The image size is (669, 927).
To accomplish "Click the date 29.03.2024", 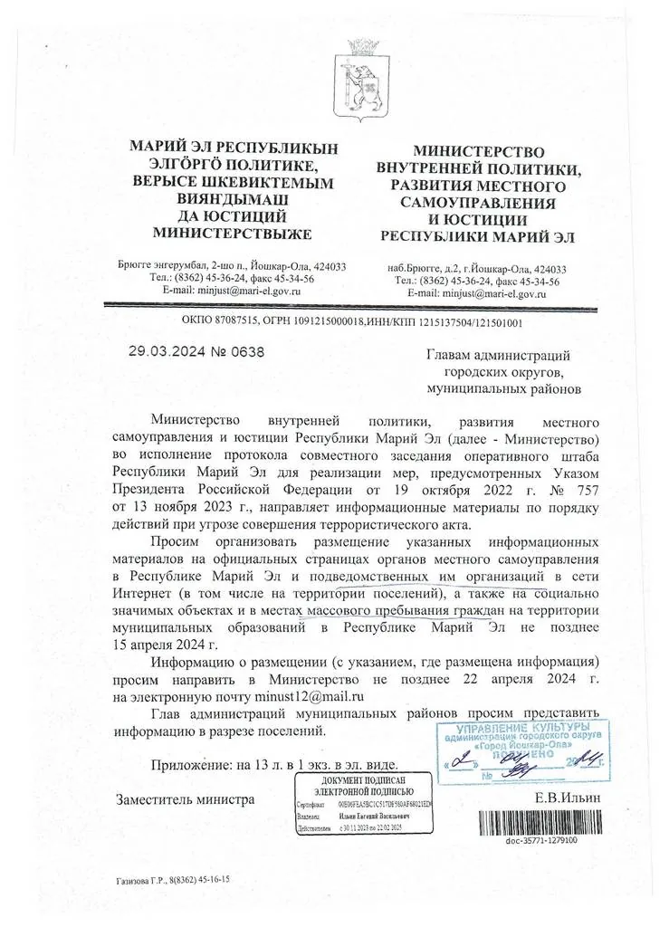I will [166, 352].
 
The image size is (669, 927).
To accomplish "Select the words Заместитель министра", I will [186, 798].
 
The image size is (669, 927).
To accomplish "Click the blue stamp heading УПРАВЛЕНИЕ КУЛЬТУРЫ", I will [522, 727].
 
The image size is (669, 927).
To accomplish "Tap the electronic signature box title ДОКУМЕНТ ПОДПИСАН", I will [365, 780].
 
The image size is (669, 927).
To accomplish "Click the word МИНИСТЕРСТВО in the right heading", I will [479, 153].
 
